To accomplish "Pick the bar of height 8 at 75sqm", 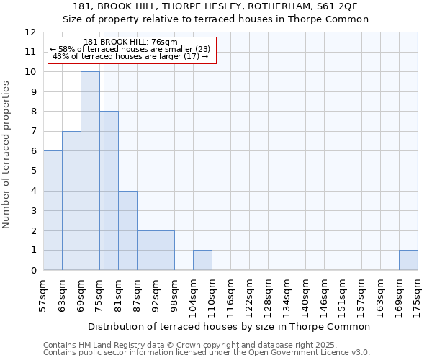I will click(109, 191).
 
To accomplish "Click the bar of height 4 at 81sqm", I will click(127, 230).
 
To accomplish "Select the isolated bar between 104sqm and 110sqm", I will click(202, 260).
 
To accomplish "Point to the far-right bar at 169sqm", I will click(408, 260).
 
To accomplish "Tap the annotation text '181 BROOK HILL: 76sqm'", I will click(130, 42).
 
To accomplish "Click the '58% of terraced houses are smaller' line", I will click(130, 49).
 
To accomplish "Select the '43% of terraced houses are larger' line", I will click(130, 56).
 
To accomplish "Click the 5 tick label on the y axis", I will click(33, 171).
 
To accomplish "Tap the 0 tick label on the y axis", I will click(33, 271).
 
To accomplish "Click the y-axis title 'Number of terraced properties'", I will click(6, 155).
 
